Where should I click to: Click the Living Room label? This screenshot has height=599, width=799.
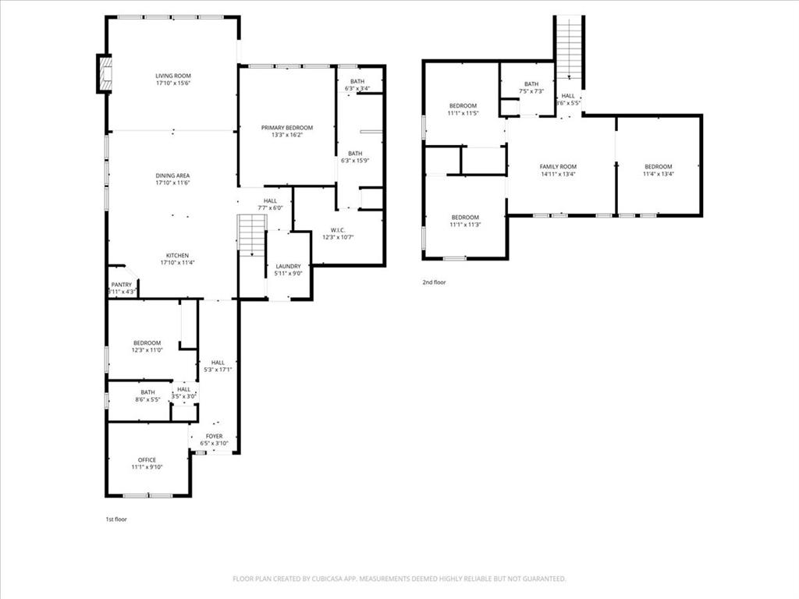(172, 76)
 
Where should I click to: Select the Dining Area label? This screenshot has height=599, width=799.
(172, 175)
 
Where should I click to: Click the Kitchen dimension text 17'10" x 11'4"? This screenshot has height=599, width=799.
(177, 263)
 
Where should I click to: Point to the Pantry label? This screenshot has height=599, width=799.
(122, 285)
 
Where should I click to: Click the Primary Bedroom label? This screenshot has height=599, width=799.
(286, 128)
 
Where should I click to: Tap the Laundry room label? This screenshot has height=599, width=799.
(289, 266)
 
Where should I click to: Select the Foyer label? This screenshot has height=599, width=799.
(214, 436)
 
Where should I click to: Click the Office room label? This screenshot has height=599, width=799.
(147, 460)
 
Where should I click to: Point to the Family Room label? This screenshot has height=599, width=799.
(558, 167)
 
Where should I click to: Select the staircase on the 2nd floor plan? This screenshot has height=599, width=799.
(569, 47)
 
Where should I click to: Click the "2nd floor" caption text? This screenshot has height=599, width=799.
(435, 282)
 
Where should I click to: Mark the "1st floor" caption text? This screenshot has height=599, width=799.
(116, 519)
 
